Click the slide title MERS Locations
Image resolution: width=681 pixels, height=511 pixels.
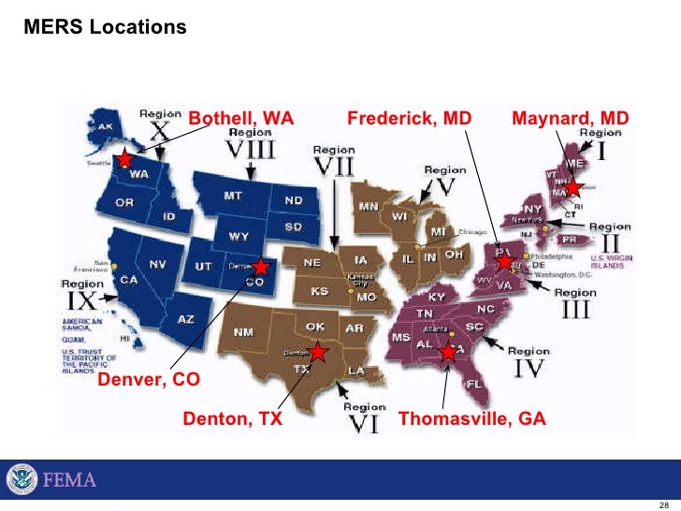[105, 28]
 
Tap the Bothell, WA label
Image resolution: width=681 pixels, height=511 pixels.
[241, 119]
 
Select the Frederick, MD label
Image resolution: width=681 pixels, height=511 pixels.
[409, 119]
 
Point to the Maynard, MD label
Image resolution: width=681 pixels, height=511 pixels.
[571, 119]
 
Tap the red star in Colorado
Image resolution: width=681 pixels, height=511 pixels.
[261, 268]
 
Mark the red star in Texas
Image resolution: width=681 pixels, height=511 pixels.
[318, 352]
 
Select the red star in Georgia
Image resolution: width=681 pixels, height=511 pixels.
[448, 352]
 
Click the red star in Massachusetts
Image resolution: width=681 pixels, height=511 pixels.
[572, 188]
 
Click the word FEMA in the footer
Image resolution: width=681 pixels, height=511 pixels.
[69, 481]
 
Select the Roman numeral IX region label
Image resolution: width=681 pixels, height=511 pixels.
[82, 300]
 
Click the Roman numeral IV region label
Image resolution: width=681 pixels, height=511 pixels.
[529, 368]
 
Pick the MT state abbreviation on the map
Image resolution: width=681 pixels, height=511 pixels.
[234, 197]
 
